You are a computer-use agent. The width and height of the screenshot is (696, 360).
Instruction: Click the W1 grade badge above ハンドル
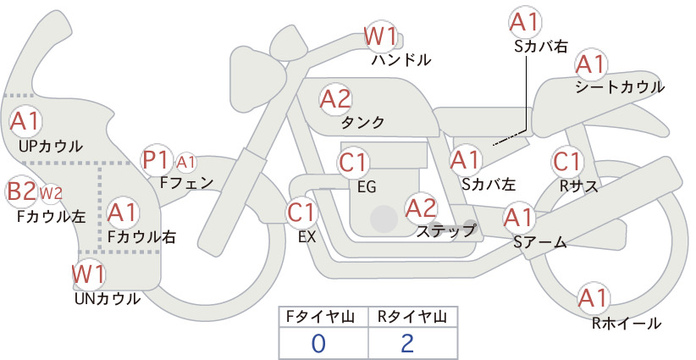tap(380, 36)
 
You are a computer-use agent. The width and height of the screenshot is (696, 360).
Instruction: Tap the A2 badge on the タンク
tap(335, 99)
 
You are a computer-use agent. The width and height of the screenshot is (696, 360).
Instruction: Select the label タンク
tap(362, 123)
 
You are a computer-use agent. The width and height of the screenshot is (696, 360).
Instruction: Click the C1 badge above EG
tap(353, 163)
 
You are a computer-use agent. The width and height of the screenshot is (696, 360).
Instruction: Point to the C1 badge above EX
tap(301, 212)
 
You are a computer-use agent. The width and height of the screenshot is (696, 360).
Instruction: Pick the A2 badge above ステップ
tap(421, 208)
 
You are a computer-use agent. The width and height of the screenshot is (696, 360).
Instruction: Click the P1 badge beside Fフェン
tap(157, 161)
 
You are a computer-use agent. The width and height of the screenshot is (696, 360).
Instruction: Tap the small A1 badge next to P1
tap(186, 163)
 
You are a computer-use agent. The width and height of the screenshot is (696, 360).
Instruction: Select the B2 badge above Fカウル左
tap(22, 191)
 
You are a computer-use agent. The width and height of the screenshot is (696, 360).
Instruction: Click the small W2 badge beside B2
tap(51, 193)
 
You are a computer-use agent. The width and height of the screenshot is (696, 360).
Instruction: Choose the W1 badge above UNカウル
tap(89, 274)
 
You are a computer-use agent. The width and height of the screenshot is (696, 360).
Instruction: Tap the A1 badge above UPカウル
tap(25, 121)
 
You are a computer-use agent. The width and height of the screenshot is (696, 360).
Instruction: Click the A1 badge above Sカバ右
tap(525, 22)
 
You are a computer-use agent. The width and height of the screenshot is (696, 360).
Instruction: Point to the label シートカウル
tap(620, 87)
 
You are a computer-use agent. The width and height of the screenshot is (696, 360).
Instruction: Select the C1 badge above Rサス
tap(566, 162)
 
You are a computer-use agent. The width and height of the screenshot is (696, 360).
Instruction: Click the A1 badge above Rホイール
tap(594, 298)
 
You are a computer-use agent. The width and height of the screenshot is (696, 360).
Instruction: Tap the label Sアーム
tap(540, 242)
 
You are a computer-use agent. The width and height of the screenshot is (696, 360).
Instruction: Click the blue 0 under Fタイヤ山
tap(318, 343)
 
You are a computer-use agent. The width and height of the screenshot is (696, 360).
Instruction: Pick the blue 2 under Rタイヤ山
tap(407, 343)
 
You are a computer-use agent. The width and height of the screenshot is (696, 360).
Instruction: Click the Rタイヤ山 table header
tap(412, 317)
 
